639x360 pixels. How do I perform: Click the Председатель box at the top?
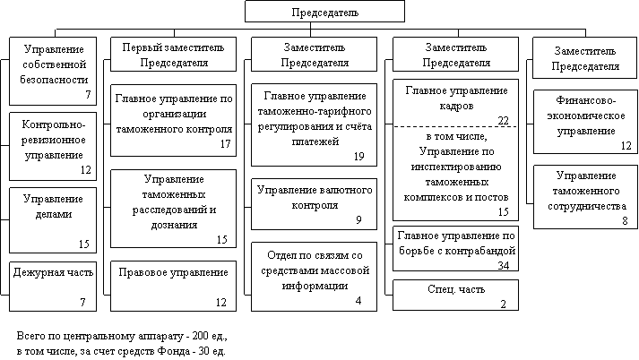click(324, 11)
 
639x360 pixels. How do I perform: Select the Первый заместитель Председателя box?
click(173, 54)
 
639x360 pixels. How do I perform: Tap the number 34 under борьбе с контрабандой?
click(504, 265)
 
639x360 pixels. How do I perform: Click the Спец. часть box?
click(455, 295)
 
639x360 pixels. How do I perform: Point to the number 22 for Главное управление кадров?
click(504, 121)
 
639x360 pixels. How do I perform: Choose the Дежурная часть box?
click(53, 287)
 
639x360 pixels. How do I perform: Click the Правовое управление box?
click(173, 286)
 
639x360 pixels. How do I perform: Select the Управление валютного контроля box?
click(314, 204)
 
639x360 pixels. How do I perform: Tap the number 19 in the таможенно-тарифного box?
click(358, 157)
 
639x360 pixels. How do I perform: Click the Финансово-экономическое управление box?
click(585, 122)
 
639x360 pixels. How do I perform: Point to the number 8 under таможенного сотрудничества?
click(625, 220)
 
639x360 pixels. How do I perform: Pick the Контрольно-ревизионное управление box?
click(53, 146)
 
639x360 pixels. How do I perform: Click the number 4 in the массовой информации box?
click(358, 301)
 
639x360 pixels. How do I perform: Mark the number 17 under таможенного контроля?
click(225, 144)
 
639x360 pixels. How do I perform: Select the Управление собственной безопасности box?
click(53, 72)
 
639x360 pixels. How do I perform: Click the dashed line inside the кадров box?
click(455, 126)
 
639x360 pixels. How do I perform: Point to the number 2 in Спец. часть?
click(504, 304)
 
